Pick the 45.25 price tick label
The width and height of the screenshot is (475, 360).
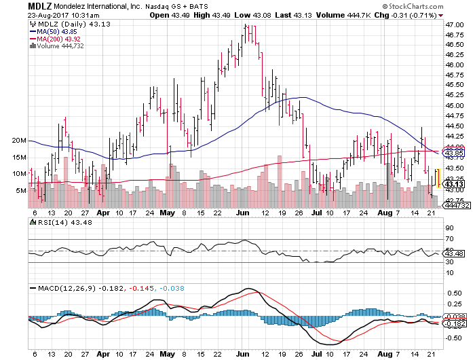tap(454, 95)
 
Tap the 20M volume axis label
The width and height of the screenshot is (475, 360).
tap(18, 141)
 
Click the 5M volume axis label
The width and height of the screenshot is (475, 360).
tap(21, 191)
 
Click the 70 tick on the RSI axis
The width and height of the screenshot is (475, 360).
tap(449, 239)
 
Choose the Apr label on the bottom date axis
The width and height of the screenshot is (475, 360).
tap(102, 354)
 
